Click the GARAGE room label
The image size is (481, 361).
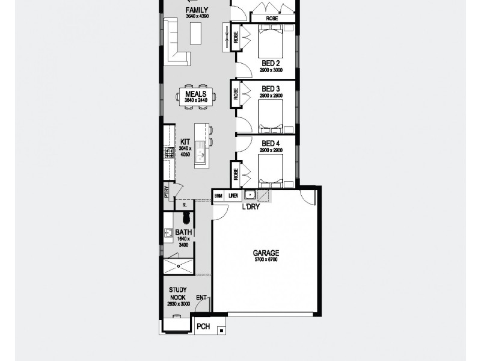(265, 253)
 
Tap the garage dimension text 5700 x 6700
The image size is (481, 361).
(265, 260)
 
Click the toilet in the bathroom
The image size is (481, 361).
(186, 217)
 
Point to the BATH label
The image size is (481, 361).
(183, 232)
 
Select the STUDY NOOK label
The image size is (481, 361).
(178, 293)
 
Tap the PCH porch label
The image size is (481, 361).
(203, 327)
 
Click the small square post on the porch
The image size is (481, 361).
(222, 330)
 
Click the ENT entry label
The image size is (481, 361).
(201, 297)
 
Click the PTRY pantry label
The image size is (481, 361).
(167, 191)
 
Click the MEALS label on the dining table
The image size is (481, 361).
(196, 94)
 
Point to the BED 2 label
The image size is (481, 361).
(271, 63)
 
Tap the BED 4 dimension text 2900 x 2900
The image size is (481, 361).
(271, 150)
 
